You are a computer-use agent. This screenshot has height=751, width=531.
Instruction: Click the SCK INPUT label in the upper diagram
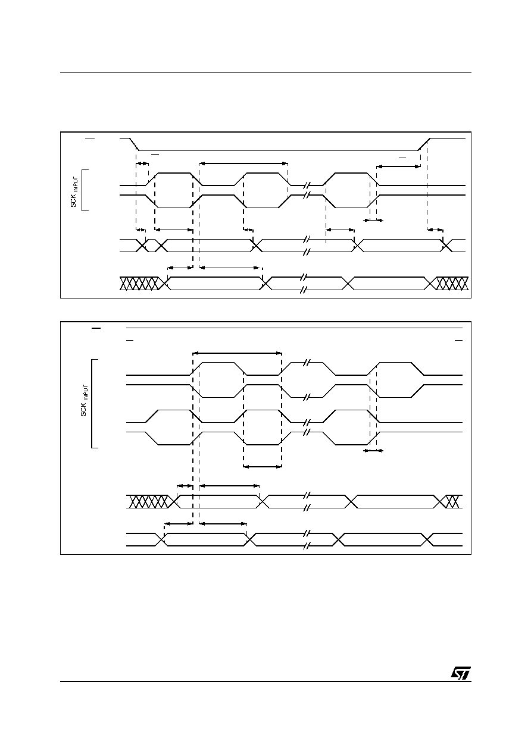click(74, 192)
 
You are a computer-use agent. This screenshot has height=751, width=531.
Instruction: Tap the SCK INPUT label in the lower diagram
click(85, 400)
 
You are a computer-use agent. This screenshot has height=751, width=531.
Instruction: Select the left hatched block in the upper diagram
click(139, 283)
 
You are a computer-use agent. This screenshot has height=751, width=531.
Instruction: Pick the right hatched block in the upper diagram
click(452, 283)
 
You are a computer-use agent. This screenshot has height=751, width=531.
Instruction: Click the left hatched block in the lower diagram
click(148, 502)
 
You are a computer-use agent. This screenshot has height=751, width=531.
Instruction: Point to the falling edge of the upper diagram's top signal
click(135, 144)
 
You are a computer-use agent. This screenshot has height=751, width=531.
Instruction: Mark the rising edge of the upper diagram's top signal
click(424, 144)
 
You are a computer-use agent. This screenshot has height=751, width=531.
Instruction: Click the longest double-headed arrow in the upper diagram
click(243, 164)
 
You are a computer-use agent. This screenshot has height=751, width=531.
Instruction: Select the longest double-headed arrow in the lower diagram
click(237, 353)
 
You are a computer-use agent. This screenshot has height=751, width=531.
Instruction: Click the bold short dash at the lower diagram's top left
click(96, 328)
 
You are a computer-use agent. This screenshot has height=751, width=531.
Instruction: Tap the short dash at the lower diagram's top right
click(458, 340)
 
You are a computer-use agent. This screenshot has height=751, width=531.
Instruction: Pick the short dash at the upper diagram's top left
click(90, 139)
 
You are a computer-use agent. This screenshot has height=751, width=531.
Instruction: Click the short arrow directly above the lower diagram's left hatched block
click(185, 485)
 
